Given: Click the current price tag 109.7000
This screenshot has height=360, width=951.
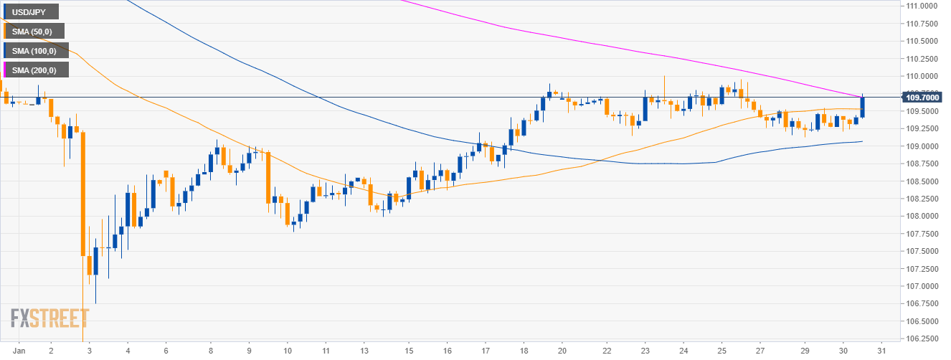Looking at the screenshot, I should pyautogui.click(x=922, y=97).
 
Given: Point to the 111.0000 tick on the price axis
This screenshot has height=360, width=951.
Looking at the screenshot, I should pyautogui.click(x=922, y=6).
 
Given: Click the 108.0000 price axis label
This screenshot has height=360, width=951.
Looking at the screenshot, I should pyautogui.click(x=922, y=216).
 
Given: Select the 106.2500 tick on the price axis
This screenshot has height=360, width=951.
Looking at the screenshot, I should pyautogui.click(x=922, y=338).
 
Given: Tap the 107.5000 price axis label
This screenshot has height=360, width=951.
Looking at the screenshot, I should pyautogui.click(x=922, y=251).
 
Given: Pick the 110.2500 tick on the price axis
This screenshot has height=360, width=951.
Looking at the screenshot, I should pyautogui.click(x=922, y=59).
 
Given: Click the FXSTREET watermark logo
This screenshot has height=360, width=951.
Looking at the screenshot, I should pyautogui.click(x=49, y=318).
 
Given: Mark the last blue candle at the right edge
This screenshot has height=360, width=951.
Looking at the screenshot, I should pyautogui.click(x=862, y=107).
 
